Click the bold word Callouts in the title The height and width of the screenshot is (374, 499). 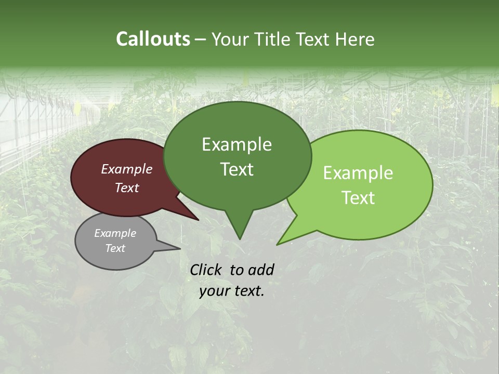click(x=153, y=39)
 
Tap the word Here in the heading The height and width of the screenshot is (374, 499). click(x=355, y=39)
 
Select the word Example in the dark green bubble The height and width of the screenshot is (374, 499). click(x=237, y=144)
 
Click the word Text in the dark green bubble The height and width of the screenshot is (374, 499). click(x=237, y=169)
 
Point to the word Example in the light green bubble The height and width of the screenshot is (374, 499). click(x=358, y=173)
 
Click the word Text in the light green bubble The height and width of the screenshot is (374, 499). click(x=358, y=197)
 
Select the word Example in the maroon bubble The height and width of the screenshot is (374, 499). click(x=126, y=169)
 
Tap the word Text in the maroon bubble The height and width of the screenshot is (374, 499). click(x=126, y=188)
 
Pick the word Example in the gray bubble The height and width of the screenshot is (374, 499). click(x=115, y=233)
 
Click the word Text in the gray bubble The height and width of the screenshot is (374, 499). click(x=115, y=248)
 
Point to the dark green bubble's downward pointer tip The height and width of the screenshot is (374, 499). click(x=239, y=238)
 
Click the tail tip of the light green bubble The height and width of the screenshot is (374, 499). click(x=278, y=244)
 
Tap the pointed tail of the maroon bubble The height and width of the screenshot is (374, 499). click(x=198, y=220)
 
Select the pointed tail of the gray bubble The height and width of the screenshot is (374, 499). click(x=179, y=248)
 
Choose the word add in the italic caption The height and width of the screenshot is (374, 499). click(x=260, y=270)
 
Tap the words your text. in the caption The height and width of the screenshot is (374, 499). click(x=231, y=291)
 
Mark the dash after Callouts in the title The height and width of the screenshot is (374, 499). click(x=201, y=39)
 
